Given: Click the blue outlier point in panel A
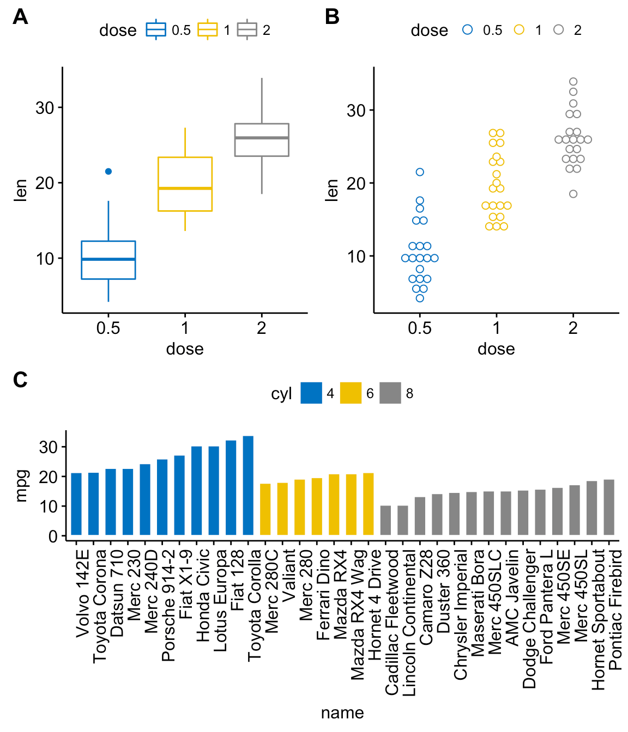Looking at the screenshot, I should coord(108,172).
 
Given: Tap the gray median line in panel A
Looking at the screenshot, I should coord(262,138).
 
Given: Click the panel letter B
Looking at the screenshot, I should coord(331,17).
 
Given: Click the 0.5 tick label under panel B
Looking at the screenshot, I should coord(419,328).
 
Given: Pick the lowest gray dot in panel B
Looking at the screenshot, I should coord(573,194).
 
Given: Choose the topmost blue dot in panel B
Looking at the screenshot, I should coord(420,172).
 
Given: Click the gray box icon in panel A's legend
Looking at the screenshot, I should coord(247,30).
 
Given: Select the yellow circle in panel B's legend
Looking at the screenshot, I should coord(519,30).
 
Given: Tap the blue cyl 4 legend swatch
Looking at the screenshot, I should coord(311,393).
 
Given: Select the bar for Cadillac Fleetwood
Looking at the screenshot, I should coord(385,520).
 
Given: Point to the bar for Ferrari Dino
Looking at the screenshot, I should coord(317,507).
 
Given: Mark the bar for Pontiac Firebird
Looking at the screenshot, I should coord(609,507).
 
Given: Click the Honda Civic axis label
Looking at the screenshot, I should coord(203,595).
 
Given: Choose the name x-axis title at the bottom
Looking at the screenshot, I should coord(342,713).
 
